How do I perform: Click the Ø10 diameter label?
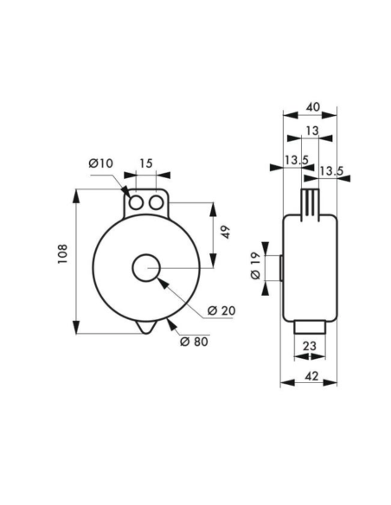point(101,163)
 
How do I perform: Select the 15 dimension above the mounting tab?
point(145,163)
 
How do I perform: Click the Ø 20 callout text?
point(221,310)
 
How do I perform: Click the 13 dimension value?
point(311,131)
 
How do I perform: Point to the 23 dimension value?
point(309,347)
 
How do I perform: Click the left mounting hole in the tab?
point(137,202)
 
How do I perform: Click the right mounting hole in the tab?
point(156,202)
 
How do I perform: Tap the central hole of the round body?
point(146,268)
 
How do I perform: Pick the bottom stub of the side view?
point(309,329)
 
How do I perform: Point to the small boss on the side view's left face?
point(281,268)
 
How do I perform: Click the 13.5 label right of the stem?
point(330,171)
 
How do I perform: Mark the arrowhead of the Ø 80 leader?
point(170,324)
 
